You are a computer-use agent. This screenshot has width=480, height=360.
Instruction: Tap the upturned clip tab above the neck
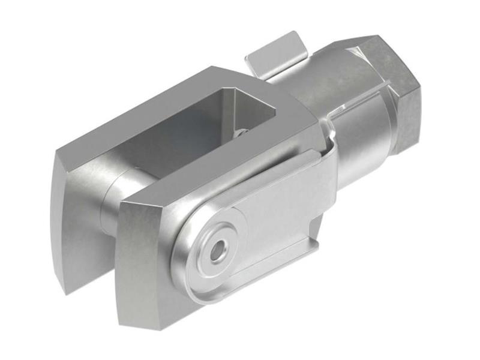tap(274, 54)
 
